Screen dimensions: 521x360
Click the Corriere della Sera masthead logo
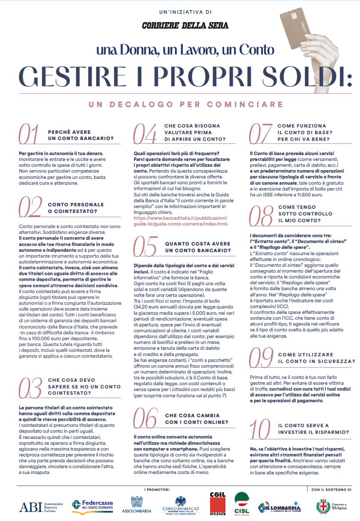point(185,26)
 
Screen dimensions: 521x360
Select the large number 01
point(29,134)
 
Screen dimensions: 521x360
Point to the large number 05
point(145,246)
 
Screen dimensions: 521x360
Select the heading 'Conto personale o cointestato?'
point(75,208)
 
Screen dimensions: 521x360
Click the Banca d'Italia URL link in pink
point(180,221)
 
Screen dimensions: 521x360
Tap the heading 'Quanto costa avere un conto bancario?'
point(197,247)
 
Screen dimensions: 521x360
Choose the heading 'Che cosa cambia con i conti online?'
point(196,419)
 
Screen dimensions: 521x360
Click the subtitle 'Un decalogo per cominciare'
point(185,104)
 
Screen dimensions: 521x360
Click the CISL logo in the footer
point(242,503)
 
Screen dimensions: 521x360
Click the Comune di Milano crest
point(323,506)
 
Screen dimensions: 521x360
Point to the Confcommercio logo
point(180,505)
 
